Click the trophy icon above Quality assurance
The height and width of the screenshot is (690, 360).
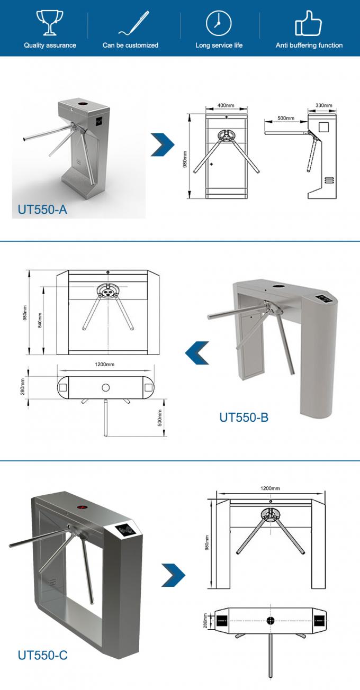tap(49, 23)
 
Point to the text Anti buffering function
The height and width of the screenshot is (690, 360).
tap(309, 46)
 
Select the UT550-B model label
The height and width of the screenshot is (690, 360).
tap(244, 417)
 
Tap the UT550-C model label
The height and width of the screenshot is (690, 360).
tap(43, 655)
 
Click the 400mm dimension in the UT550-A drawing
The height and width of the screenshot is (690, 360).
tap(226, 106)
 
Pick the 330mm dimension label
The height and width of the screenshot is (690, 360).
tap(323, 106)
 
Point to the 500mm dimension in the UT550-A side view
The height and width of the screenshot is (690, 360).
tap(285, 118)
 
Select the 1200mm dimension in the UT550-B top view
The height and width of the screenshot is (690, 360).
tap(105, 364)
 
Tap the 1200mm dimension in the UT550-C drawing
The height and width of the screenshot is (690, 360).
tap(270, 488)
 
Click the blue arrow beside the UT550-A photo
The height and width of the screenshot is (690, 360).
tap(163, 144)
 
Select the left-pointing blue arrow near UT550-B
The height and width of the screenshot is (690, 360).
tap(196, 352)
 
